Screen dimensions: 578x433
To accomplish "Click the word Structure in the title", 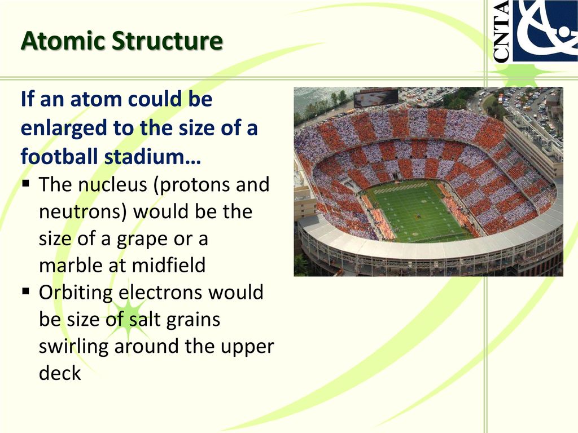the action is coord(167,40).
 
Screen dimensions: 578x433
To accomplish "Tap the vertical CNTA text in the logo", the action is coord(501,31).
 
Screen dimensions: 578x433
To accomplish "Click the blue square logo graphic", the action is coord(545,30).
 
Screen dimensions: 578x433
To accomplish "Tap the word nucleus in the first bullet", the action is coord(113,184).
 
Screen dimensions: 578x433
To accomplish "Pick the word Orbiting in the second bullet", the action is coord(76,293).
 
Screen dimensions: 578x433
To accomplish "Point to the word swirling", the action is coord(74,347).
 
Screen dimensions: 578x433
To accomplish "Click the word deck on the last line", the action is coord(60,373).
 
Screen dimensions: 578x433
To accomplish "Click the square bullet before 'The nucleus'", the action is coord(26,183).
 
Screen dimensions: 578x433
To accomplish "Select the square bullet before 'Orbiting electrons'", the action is coord(26,291).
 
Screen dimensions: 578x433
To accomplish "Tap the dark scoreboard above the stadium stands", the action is coord(376,98).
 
